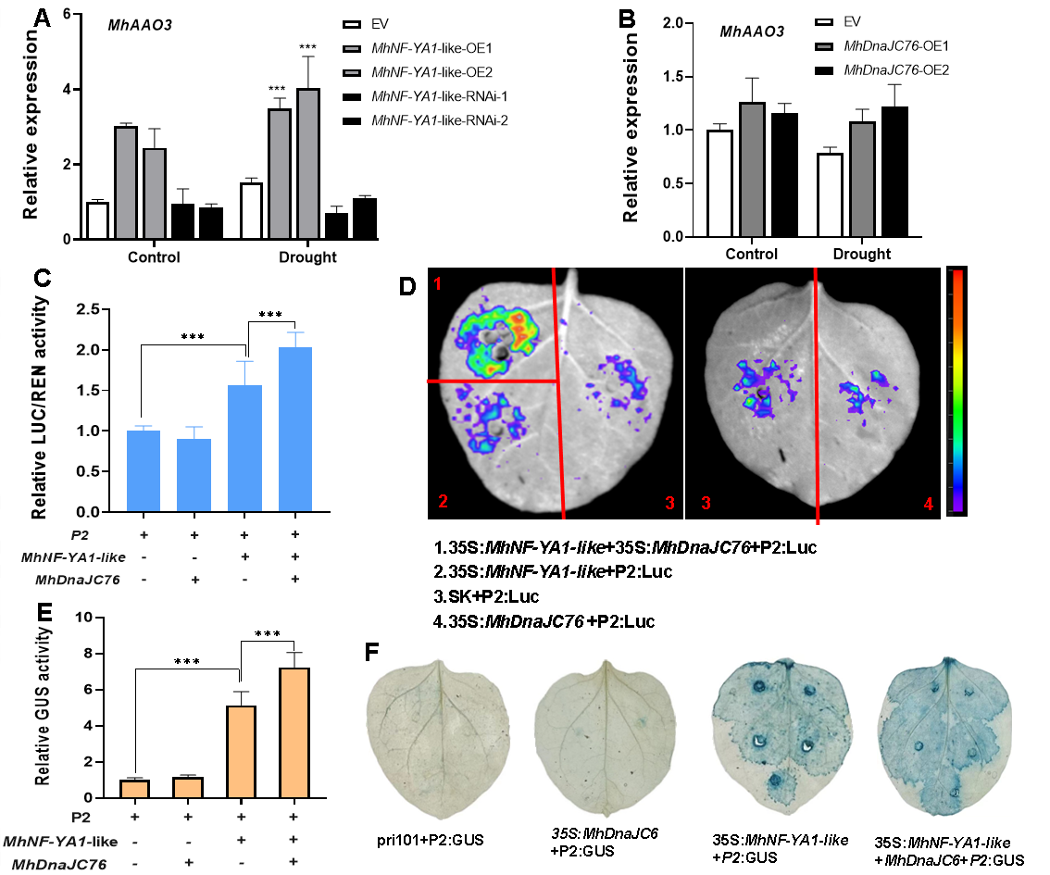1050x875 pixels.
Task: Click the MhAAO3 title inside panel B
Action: [752, 32]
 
